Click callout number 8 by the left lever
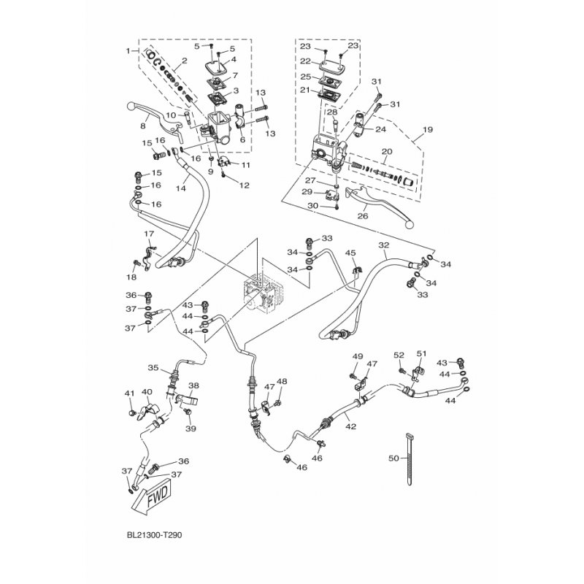[143, 126]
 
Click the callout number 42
[351, 426]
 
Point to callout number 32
[383, 246]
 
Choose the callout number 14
[181, 188]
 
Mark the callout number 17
[148, 234]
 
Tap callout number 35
[153, 367]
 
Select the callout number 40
[147, 392]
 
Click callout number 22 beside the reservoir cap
[304, 61]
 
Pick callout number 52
[399, 355]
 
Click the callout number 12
[245, 185]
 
